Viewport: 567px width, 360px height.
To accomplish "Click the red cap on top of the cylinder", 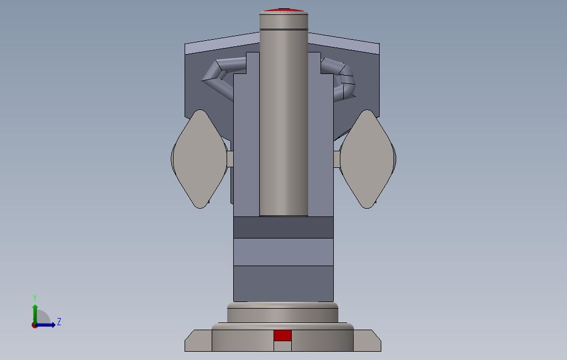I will (283, 10).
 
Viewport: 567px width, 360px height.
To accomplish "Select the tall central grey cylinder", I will (283, 121).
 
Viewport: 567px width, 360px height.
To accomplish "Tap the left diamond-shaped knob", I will (200, 158).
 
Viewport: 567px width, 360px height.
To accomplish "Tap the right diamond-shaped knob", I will (368, 158).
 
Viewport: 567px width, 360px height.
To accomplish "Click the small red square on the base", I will (282, 336).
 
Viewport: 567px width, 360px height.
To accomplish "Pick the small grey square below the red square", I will (282, 346).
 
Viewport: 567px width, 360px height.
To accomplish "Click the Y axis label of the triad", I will (35, 298).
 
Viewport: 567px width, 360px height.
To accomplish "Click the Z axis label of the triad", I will (59, 322).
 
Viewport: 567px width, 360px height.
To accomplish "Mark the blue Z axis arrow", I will (47, 325).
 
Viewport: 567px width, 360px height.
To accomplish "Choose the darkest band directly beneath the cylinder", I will (283, 227).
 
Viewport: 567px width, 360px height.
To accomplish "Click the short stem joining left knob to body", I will (230, 158).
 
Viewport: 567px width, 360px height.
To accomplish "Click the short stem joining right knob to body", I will (337, 159).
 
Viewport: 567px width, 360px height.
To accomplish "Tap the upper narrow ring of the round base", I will (282, 314).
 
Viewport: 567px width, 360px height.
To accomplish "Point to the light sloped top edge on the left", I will (221, 43).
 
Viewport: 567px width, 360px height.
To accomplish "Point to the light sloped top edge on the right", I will (345, 43).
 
